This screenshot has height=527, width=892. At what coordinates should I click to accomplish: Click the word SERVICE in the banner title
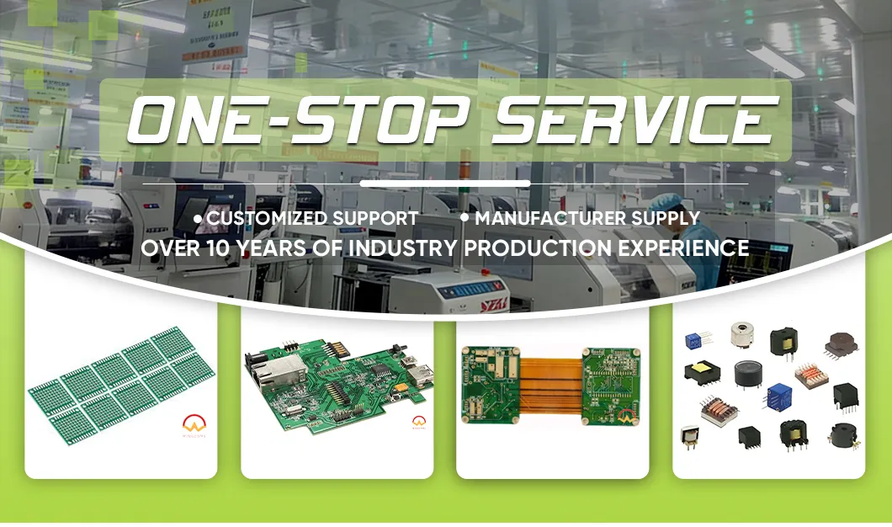point(631,120)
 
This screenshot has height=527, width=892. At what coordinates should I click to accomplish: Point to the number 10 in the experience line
point(216,248)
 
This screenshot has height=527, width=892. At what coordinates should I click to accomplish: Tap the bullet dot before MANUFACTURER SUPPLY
point(465,218)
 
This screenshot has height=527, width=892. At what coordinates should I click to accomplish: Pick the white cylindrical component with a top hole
point(741,334)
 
